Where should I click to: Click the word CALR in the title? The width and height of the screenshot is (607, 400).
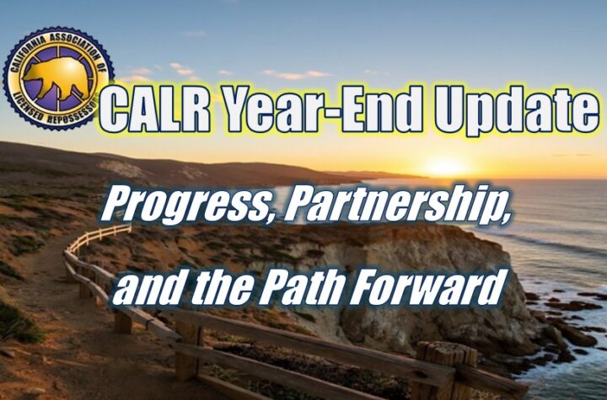[153, 110]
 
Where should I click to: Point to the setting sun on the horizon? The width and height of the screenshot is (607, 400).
[447, 167]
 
